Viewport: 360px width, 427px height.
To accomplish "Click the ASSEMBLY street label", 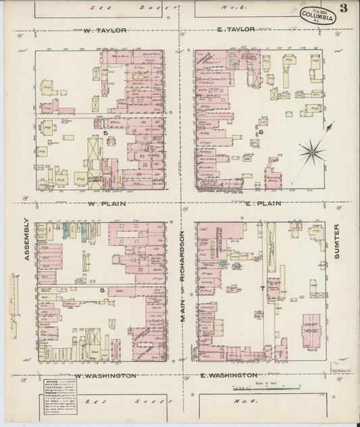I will (26, 238).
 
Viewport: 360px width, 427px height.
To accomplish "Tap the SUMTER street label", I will (337, 247).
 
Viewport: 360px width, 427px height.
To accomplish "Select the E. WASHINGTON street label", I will (228, 374).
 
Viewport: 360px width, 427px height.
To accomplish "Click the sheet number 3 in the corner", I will (344, 8).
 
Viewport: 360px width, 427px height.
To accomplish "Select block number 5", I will (107, 133).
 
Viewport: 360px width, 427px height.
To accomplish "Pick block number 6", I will (260, 132).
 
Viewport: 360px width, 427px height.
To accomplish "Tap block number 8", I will (102, 291).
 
